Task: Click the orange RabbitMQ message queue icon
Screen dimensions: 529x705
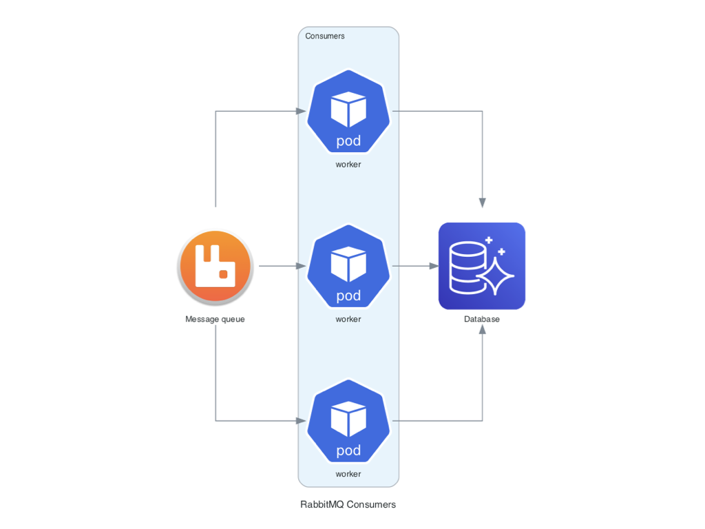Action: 215,267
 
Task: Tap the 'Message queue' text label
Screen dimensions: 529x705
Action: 215,319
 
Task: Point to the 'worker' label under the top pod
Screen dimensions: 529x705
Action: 348,165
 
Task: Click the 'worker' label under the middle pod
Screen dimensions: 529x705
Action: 348,319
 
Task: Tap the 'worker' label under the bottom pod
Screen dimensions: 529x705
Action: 348,474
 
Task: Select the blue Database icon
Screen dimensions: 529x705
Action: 482,266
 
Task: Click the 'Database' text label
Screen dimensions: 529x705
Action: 482,319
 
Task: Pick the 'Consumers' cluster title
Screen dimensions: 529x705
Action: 325,36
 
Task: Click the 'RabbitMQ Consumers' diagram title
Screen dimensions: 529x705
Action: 348,504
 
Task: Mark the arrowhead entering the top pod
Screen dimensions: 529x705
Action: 301,111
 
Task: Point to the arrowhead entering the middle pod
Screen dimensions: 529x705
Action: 301,266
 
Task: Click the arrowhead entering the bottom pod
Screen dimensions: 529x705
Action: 301,420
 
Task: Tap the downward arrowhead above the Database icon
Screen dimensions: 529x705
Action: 482,203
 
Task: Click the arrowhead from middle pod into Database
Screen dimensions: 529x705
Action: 433,266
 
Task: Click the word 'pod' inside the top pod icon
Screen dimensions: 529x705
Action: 348,141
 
